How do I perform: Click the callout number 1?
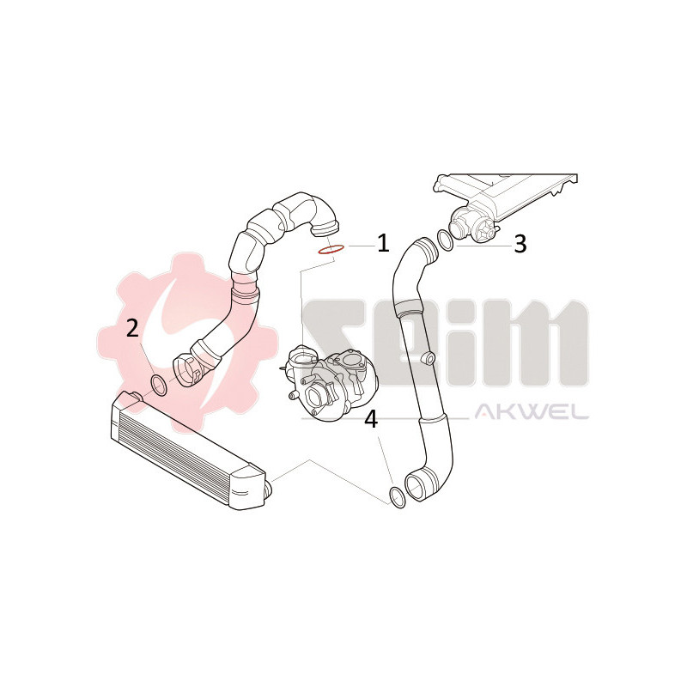click(382, 243)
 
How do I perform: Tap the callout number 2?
click(132, 327)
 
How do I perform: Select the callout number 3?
click(519, 244)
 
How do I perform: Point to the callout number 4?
click(370, 419)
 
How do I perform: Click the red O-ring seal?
click(331, 250)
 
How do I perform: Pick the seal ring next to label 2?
click(159, 383)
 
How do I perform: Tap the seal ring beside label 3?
click(446, 240)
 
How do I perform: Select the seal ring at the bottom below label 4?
click(397, 496)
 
